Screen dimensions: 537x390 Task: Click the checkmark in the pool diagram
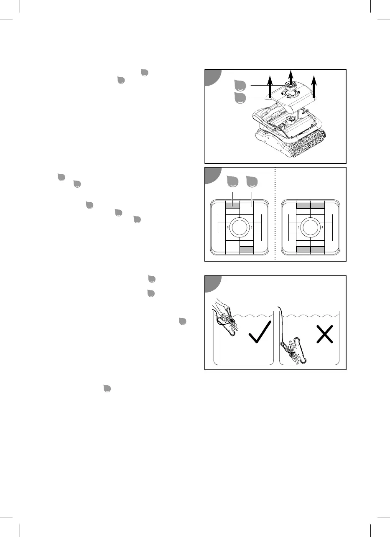pyautogui.click(x=259, y=332)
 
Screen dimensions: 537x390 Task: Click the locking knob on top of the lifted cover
pyautogui.click(x=291, y=86)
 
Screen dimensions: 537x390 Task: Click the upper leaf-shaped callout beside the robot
pyautogui.click(x=240, y=86)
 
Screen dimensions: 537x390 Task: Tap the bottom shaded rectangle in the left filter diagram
pyautogui.click(x=247, y=249)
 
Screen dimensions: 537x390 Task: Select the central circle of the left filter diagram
pyautogui.click(x=240, y=227)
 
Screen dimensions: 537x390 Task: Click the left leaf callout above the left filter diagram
pyautogui.click(x=232, y=182)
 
